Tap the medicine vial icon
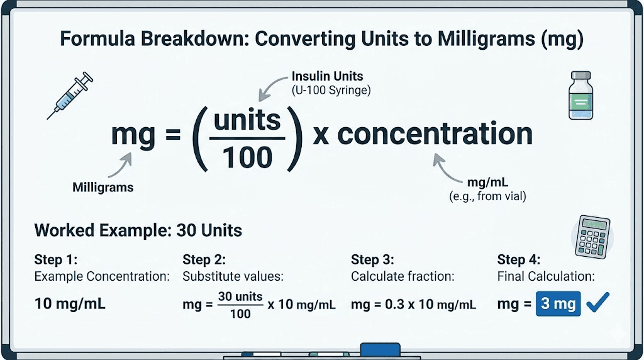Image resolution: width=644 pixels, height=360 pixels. tap(580, 95)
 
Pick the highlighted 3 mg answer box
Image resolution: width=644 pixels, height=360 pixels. tap(558, 304)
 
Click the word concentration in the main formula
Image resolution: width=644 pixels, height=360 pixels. tap(435, 134)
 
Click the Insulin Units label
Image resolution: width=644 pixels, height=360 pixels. tap(327, 76)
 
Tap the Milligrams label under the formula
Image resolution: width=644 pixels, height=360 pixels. tap(103, 187)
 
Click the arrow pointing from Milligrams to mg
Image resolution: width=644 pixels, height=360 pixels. tap(119, 166)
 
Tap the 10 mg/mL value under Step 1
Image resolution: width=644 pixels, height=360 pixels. tap(70, 304)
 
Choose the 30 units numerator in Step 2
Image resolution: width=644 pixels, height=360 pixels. tap(240, 296)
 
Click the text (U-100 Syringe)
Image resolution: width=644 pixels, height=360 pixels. tap(331, 90)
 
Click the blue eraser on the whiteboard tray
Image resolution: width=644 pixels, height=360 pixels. tap(380, 350)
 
